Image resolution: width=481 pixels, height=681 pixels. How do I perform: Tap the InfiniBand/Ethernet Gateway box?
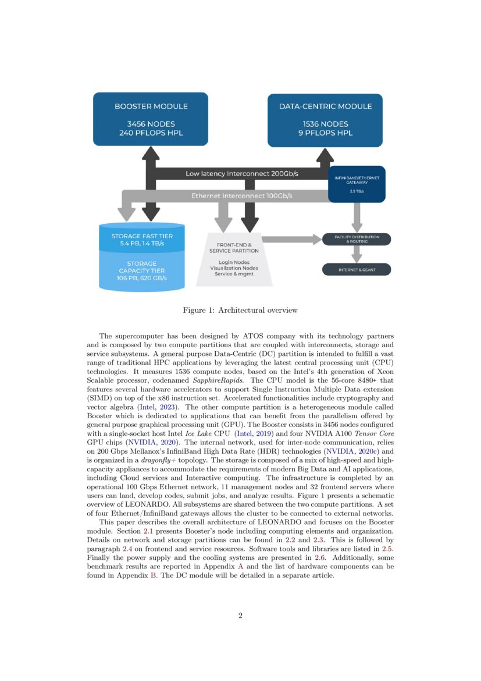click(x=357, y=184)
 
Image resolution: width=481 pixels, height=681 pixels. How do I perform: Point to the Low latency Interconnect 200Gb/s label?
click(x=241, y=174)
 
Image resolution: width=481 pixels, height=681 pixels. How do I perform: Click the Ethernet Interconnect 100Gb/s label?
click(x=241, y=196)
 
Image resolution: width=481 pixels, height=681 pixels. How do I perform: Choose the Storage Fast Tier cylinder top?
click(x=142, y=238)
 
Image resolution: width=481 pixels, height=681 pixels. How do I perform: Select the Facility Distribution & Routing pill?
click(x=357, y=239)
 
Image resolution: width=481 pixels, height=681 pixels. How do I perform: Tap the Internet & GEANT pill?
click(x=357, y=270)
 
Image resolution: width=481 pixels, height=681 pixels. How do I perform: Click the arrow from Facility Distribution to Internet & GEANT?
click(x=357, y=254)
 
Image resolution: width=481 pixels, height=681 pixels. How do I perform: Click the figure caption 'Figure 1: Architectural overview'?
click(x=240, y=310)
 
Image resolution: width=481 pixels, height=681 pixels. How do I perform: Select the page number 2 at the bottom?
click(x=240, y=616)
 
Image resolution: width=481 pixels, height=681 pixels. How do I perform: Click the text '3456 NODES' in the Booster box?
click(x=151, y=124)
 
